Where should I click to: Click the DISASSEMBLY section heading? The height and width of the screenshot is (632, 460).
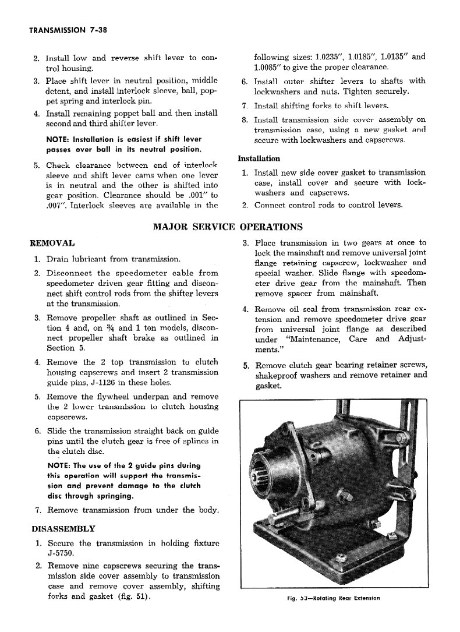[63, 528]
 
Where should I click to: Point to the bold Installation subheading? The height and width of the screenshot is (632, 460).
[259, 158]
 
